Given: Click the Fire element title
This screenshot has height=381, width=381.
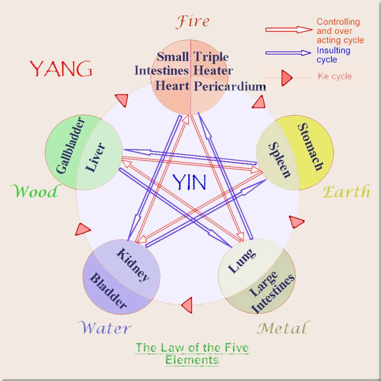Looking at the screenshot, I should [x=193, y=22].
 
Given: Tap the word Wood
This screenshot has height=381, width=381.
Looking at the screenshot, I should [x=35, y=191].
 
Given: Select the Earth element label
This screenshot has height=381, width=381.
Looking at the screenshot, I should [x=346, y=192].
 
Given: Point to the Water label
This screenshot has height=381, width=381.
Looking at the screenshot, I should [x=104, y=328].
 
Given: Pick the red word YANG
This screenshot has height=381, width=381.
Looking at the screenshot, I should [x=61, y=69].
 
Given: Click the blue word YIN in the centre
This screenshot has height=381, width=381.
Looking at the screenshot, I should [x=190, y=182].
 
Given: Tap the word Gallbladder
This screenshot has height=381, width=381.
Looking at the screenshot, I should [x=70, y=146].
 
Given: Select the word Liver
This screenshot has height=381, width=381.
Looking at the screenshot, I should [x=95, y=157].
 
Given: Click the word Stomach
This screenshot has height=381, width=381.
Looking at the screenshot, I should [x=310, y=147].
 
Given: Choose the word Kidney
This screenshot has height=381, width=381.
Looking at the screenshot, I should [x=133, y=264].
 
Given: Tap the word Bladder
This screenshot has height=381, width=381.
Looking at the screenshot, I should [x=108, y=291].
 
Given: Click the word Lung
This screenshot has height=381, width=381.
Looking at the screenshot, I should [x=242, y=261].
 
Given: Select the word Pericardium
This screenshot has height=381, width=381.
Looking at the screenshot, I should [x=230, y=86].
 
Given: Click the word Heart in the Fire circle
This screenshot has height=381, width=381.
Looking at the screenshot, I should [x=172, y=86].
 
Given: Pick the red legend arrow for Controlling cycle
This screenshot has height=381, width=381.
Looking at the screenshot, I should [x=289, y=30].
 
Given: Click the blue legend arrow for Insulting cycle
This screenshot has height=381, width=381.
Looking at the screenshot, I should [x=288, y=53].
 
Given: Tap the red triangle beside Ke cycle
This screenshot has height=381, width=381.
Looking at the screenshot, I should [x=286, y=78].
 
